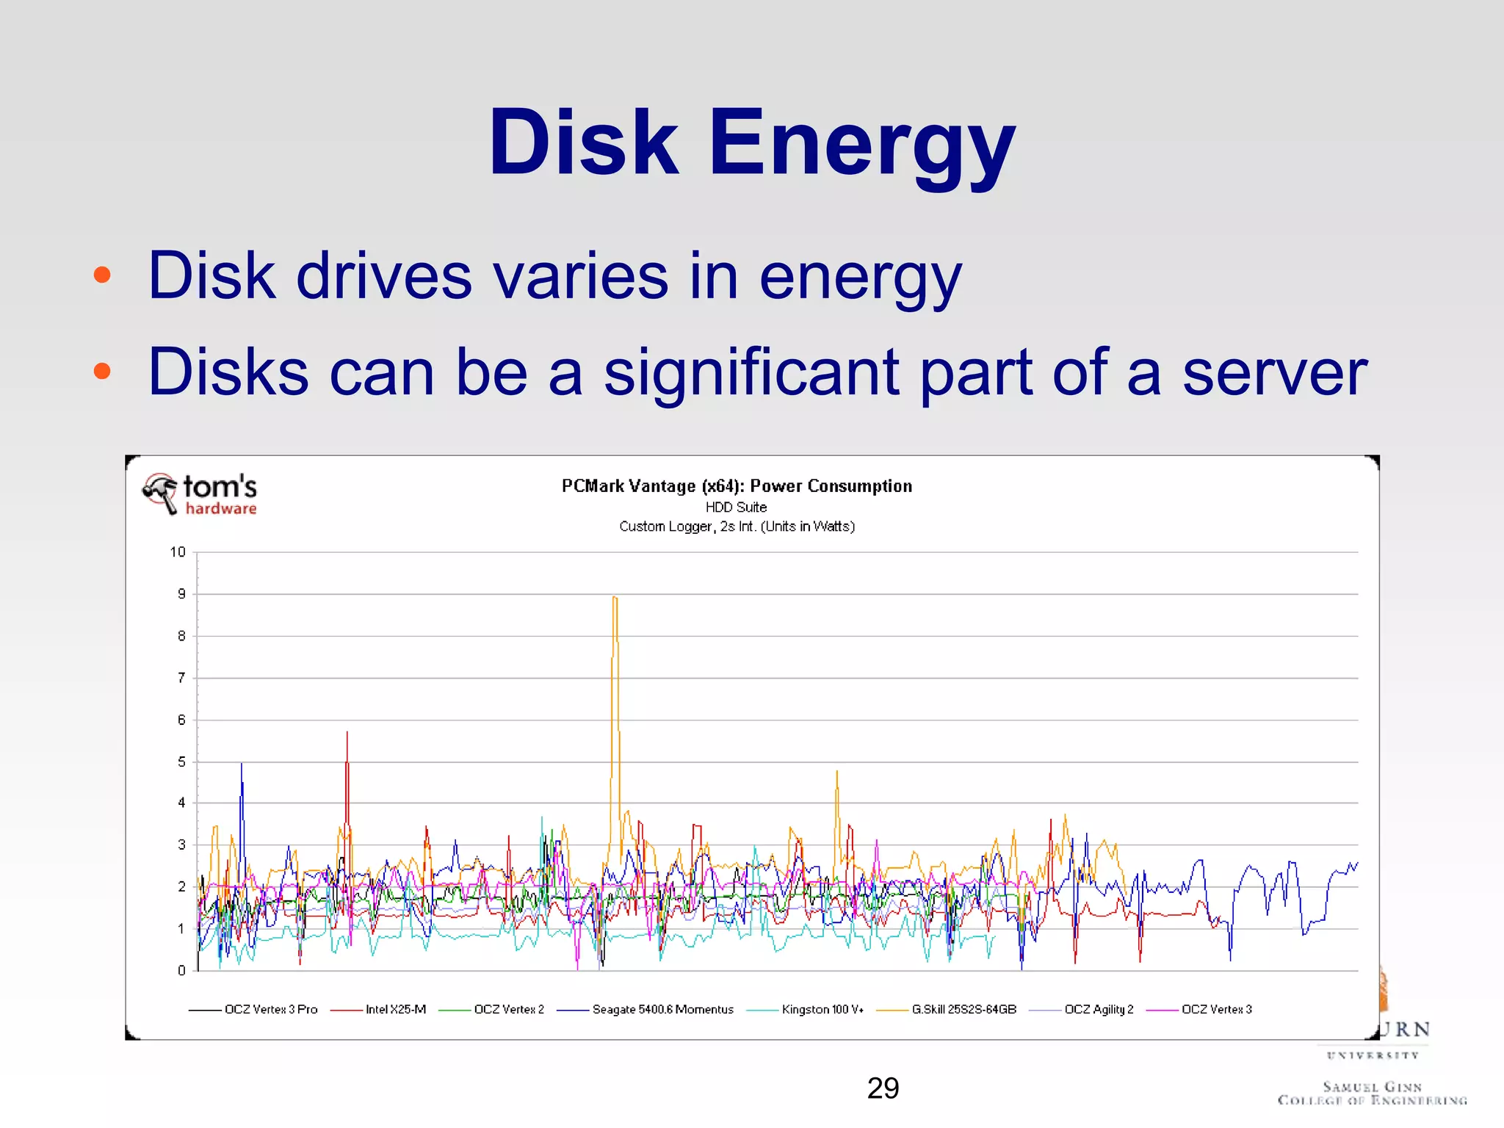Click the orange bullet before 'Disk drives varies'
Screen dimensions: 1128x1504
click(x=102, y=275)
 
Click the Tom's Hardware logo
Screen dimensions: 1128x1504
click(x=200, y=494)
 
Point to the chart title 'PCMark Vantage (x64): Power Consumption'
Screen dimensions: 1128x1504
click(x=737, y=486)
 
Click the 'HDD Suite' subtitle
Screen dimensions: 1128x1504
click(x=736, y=507)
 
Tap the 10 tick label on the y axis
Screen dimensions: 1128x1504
click(x=178, y=552)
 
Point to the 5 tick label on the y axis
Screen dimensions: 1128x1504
click(x=181, y=762)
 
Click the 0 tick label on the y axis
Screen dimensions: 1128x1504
click(x=181, y=971)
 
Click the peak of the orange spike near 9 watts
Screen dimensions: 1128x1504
click(x=615, y=598)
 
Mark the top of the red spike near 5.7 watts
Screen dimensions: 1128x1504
click(x=347, y=733)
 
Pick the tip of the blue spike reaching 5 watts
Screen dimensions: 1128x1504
click(x=242, y=764)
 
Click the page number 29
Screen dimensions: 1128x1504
click(x=883, y=1088)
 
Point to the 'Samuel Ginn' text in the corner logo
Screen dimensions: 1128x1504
click(x=1372, y=1086)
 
